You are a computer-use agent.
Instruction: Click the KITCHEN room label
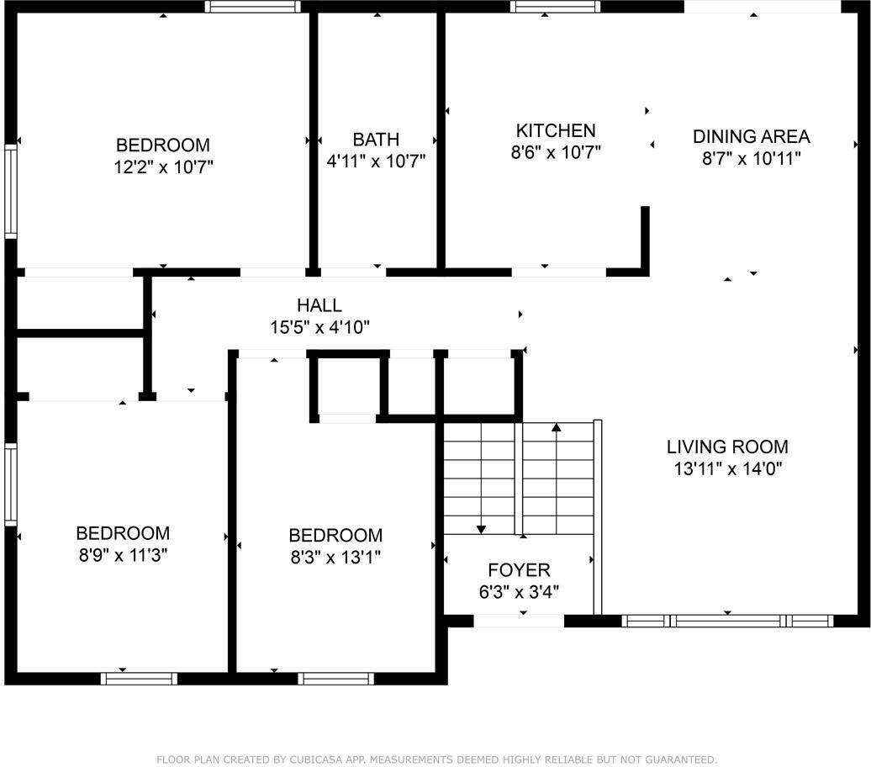pyautogui.click(x=555, y=130)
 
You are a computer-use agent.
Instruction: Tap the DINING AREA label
pyautogui.click(x=751, y=136)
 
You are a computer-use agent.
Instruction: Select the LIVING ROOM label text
pyautogui.click(x=727, y=447)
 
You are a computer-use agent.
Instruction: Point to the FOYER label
pyautogui.click(x=519, y=569)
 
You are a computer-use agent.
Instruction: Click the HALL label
pyautogui.click(x=319, y=305)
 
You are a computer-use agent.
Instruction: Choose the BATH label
pyautogui.click(x=376, y=139)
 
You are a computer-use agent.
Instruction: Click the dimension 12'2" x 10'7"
pyautogui.click(x=163, y=167)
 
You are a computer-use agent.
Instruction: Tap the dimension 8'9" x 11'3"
pyautogui.click(x=123, y=555)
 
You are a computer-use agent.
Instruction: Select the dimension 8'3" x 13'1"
pyautogui.click(x=335, y=558)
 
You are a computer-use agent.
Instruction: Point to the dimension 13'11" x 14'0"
pyautogui.click(x=727, y=469)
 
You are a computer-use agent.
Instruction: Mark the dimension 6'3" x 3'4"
pyautogui.click(x=519, y=591)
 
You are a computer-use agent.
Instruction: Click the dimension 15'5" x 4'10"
pyautogui.click(x=319, y=327)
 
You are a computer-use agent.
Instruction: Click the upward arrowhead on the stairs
pyautogui.click(x=556, y=428)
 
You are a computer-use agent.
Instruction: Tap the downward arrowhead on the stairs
pyautogui.click(x=481, y=528)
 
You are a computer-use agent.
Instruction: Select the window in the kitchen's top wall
pyautogui.click(x=556, y=7)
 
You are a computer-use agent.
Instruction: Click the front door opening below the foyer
pyautogui.click(x=519, y=622)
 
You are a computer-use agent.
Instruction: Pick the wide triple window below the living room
pyautogui.click(x=727, y=622)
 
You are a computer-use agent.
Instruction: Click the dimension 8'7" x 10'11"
pyautogui.click(x=751, y=158)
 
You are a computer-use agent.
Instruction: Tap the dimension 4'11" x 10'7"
pyautogui.click(x=376, y=161)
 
